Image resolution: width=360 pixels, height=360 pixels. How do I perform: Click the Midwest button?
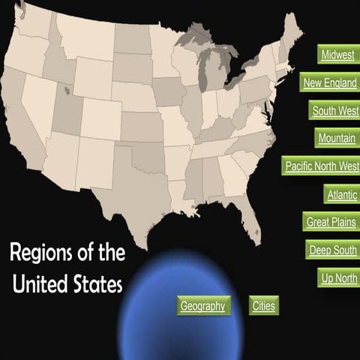[x=337, y=55]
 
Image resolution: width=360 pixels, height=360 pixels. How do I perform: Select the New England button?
[x=329, y=83]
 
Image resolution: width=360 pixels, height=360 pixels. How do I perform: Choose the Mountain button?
[x=336, y=139]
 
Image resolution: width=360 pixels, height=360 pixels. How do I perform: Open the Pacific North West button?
[x=322, y=166]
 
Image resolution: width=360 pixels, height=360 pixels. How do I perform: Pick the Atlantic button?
[x=341, y=194]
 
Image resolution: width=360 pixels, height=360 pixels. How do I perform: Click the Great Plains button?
[x=331, y=222]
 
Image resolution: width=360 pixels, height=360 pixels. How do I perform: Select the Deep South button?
[x=332, y=250]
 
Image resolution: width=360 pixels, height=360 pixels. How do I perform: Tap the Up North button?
[x=338, y=277]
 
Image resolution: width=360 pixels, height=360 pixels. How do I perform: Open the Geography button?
[x=202, y=306]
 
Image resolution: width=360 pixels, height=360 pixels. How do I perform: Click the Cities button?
[x=263, y=306]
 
